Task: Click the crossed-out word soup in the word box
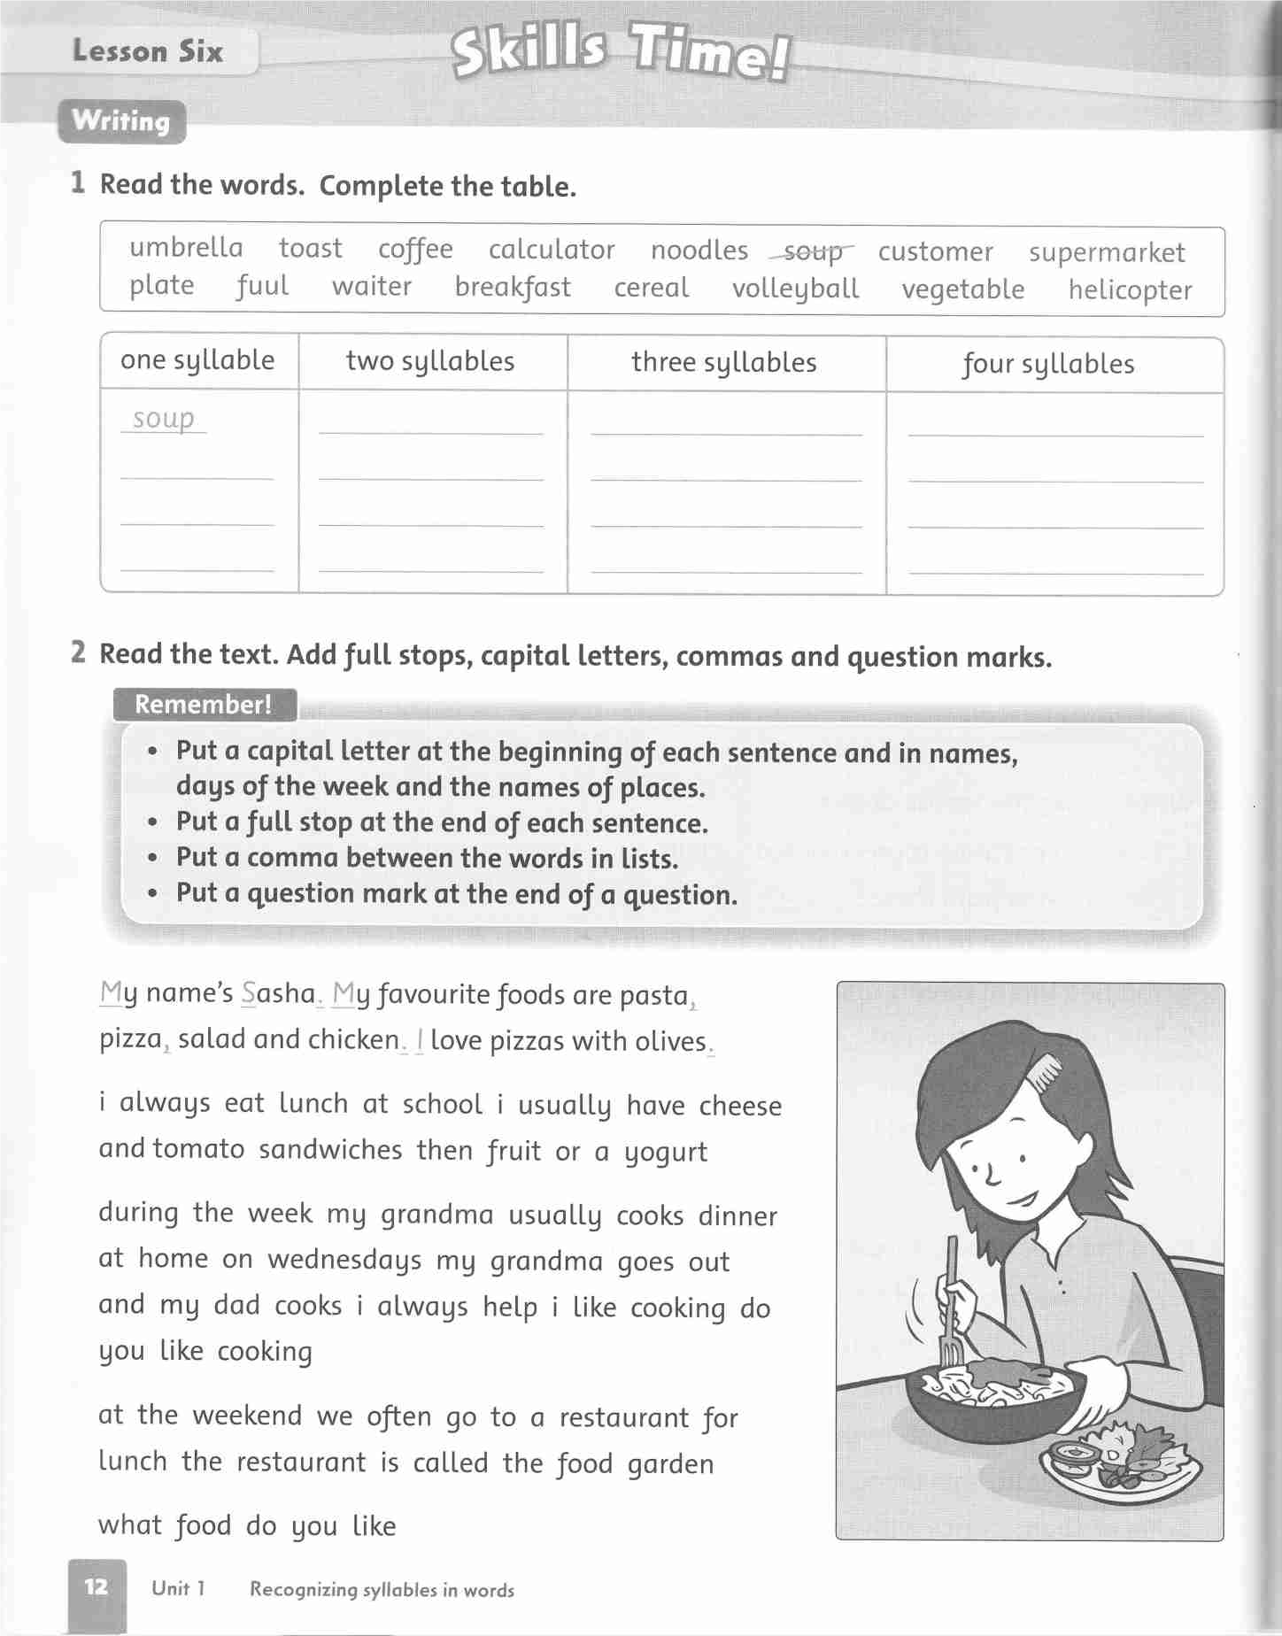[811, 252]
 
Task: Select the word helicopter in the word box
[1130, 290]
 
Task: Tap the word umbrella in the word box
[186, 248]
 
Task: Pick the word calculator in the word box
[552, 251]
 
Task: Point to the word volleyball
[795, 289]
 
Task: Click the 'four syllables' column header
[1048, 364]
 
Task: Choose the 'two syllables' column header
[430, 361]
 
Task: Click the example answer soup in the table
[164, 418]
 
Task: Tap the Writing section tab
[121, 121]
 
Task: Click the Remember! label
[204, 705]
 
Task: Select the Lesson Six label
[148, 51]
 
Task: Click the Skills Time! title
[620, 53]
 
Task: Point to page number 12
[97, 1586]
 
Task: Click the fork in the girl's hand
[952, 1301]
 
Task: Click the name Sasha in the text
[278, 994]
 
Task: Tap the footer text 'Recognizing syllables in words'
[382, 1590]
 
